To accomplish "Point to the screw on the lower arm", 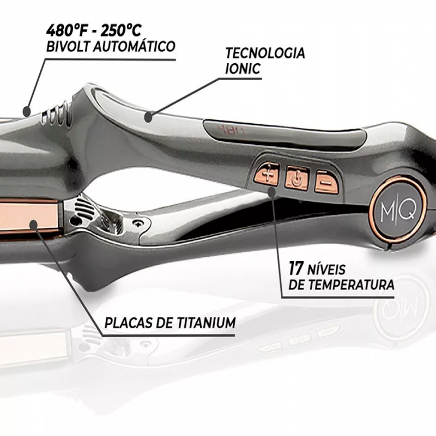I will click(x=140, y=223).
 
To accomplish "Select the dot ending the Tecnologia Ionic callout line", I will click(x=148, y=115).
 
